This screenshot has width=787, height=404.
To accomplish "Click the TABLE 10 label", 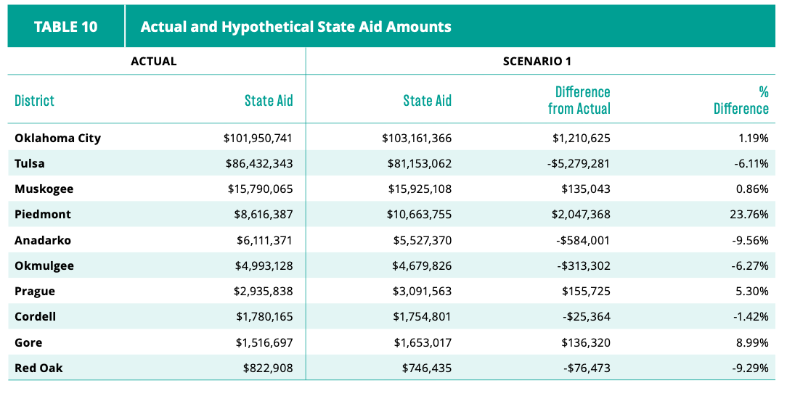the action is (66, 27).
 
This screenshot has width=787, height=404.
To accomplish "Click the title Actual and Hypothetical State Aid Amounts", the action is (295, 27).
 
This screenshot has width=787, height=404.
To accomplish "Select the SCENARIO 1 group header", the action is (537, 61).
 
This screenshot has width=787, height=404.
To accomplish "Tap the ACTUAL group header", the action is (154, 61).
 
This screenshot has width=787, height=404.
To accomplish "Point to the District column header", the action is (34, 100).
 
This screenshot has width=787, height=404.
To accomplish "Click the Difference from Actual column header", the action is (579, 100).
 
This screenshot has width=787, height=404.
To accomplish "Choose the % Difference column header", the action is (741, 100).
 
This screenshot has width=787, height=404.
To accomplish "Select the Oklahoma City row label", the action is (58, 138).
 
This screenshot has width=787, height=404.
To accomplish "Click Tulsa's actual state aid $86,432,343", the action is (259, 163).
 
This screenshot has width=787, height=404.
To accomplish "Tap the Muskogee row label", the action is (44, 189).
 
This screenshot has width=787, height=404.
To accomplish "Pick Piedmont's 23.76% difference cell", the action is (749, 215).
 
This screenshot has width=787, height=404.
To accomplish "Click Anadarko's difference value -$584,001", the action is (583, 240).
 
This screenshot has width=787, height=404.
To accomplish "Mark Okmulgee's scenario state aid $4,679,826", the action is (422, 265).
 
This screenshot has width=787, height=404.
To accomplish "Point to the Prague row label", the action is (35, 292).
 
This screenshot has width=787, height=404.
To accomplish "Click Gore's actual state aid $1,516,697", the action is (264, 343).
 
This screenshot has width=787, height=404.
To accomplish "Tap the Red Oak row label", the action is (38, 368).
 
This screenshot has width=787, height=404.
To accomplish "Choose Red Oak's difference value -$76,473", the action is (587, 368).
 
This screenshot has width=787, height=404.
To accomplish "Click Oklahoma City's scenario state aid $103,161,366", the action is (417, 138).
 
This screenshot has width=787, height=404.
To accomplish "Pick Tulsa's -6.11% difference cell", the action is (750, 163).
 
